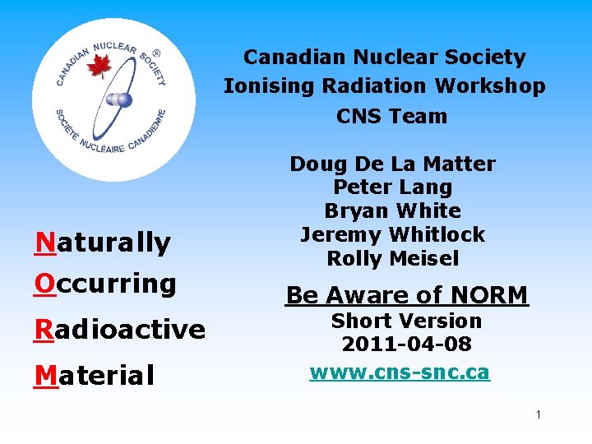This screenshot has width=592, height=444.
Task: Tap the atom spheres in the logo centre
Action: tap(120, 99)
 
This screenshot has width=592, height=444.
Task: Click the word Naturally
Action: tap(103, 243)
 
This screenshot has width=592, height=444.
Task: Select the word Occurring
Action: tap(105, 284)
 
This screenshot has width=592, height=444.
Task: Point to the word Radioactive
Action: tap(119, 330)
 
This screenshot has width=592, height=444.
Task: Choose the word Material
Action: tap(95, 376)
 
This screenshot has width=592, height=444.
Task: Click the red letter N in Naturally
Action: tap(45, 243)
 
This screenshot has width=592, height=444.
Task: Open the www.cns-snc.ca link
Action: tap(400, 372)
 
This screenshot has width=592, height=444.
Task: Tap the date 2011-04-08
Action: tap(406, 345)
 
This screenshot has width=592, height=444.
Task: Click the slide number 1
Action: tap(538, 415)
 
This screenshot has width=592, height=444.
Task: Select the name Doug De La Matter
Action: tap(392, 164)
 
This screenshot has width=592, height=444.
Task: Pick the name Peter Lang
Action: tap(392, 187)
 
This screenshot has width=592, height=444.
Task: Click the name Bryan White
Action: tap(392, 210)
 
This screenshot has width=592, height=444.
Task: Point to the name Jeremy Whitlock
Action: tap(392, 234)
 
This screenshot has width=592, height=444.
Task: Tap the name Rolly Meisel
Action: tap(392, 258)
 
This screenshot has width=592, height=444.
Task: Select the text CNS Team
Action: tap(391, 116)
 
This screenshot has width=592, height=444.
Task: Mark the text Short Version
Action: tap(406, 321)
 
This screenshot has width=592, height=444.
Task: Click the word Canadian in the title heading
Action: tap(295, 58)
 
